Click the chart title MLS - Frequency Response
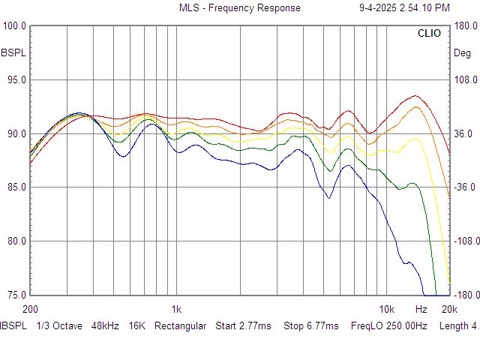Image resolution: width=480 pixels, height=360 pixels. [x=239, y=8]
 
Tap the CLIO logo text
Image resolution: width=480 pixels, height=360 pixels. [x=429, y=34]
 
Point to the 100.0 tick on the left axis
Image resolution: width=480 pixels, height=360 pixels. [x=15, y=26]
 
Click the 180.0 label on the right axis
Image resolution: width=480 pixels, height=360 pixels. [x=466, y=26]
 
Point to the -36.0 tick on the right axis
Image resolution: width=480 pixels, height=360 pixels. [x=466, y=187]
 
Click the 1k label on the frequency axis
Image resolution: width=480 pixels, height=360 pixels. [x=176, y=309]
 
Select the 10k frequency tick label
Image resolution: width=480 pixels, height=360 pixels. [x=386, y=309]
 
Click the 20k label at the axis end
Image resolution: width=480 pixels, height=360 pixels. [x=449, y=309]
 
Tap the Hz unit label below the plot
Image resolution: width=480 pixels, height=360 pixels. [x=421, y=309]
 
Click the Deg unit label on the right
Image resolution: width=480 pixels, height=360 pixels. [x=462, y=53]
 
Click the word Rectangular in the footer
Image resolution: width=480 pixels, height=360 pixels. [x=180, y=326]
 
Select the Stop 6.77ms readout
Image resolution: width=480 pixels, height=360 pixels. [x=311, y=326]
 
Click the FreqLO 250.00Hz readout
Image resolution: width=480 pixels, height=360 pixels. [x=388, y=326]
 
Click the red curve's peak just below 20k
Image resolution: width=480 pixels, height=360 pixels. [x=415, y=95]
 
